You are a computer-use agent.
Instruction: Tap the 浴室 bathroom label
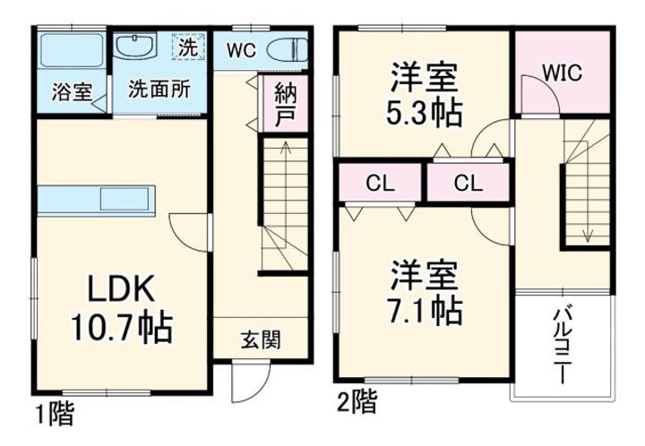(72, 91)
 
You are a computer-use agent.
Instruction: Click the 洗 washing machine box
(188, 47)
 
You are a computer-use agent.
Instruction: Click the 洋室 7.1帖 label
(425, 293)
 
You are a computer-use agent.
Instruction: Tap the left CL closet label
(380, 184)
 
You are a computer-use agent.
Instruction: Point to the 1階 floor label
(54, 416)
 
